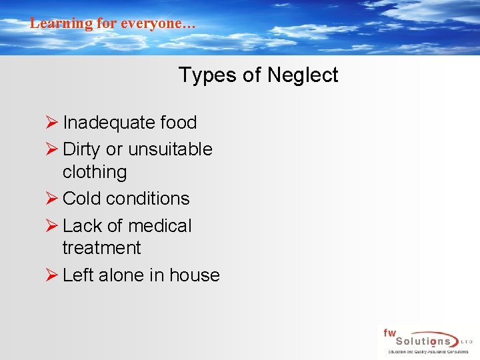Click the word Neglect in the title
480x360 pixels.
click(x=303, y=75)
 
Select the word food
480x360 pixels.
click(x=179, y=123)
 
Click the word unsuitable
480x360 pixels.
click(x=170, y=149)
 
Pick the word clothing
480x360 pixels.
click(x=95, y=172)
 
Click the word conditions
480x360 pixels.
click(x=148, y=199)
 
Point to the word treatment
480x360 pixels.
click(x=101, y=248)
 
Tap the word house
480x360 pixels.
click(x=195, y=275)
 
